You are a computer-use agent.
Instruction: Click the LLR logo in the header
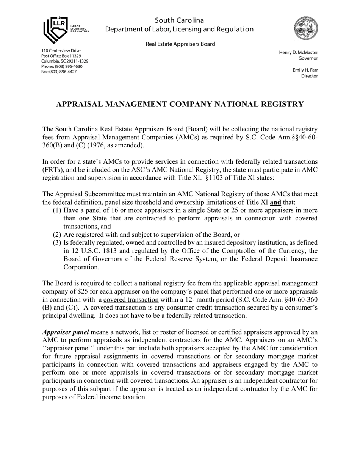click(x=64, y=30)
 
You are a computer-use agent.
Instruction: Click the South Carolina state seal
click(x=306, y=28)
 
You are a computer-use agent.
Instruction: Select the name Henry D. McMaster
click(x=298, y=52)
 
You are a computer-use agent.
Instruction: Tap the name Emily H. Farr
click(x=305, y=70)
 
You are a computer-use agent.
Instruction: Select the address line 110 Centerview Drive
click(x=61, y=50)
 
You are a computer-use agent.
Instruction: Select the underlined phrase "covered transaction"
click(x=131, y=299)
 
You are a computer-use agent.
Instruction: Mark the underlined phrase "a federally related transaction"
click(x=203, y=316)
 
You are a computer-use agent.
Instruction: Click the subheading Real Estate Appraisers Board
click(x=180, y=44)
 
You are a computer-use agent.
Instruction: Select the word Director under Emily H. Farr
click(x=309, y=76)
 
